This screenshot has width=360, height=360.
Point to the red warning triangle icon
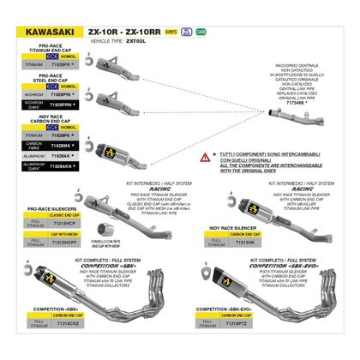(203, 159)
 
